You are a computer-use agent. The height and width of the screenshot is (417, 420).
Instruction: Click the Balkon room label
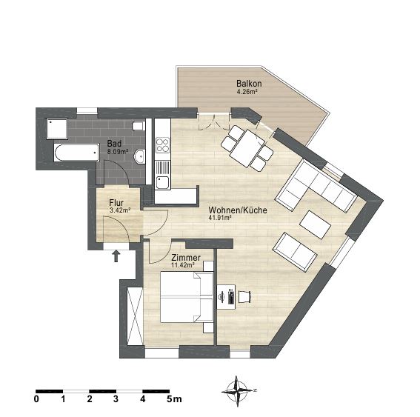click(249, 84)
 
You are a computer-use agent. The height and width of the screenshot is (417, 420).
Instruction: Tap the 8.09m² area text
click(118, 152)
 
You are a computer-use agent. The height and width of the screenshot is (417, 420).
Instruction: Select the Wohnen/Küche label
click(238, 210)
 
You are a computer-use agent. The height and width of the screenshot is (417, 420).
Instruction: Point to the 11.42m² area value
click(183, 265)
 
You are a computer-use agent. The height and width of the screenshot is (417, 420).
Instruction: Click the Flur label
click(116, 202)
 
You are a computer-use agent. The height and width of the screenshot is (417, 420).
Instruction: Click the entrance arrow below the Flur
click(116, 256)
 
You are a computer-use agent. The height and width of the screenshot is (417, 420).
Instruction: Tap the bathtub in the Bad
click(76, 153)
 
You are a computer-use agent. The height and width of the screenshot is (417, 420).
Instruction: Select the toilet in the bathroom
click(139, 126)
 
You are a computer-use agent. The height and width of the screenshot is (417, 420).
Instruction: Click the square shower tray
click(57, 129)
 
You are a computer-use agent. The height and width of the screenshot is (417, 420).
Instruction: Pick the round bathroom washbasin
click(140, 156)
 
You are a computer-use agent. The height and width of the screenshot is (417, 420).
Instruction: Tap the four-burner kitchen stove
click(162, 145)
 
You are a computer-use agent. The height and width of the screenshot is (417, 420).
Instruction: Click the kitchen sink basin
click(162, 182)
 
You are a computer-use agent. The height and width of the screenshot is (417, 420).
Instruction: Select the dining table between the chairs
click(247, 148)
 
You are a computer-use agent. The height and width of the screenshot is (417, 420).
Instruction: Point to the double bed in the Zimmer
click(187, 297)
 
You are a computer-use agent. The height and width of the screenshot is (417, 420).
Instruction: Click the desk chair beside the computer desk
click(244, 297)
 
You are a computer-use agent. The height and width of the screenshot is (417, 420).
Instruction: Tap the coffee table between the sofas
click(316, 225)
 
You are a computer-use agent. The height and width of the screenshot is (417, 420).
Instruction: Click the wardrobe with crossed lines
click(135, 317)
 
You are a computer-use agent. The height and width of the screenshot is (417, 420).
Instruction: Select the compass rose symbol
click(237, 391)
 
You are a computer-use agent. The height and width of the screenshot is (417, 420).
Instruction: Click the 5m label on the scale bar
click(174, 399)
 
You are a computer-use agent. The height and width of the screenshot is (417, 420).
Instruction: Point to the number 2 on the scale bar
click(90, 399)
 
